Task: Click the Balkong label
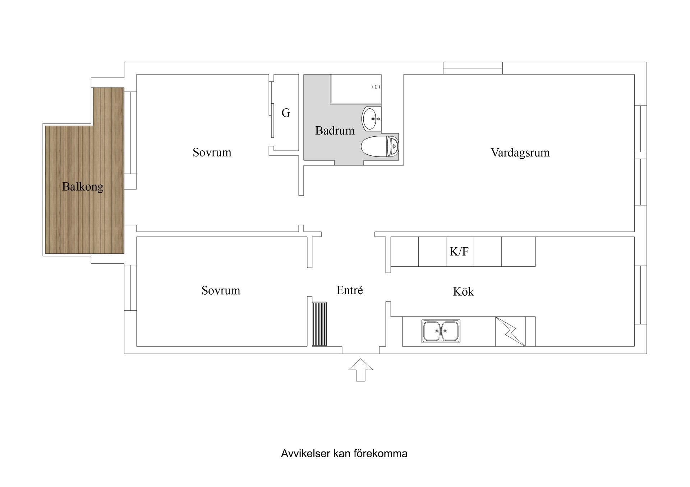click(83, 187)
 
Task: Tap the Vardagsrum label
click(520, 153)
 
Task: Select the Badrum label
click(335, 130)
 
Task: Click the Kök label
click(463, 291)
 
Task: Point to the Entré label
click(349, 290)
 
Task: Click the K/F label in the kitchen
click(459, 251)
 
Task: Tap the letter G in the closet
click(286, 113)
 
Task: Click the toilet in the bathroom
click(379, 146)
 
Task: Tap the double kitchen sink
click(441, 331)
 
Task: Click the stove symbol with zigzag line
click(510, 331)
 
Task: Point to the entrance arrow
click(360, 370)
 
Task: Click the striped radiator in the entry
click(319, 324)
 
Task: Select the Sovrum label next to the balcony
click(212, 152)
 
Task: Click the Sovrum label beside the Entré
click(221, 290)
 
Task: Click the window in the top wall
click(473, 68)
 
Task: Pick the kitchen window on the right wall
click(640, 295)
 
